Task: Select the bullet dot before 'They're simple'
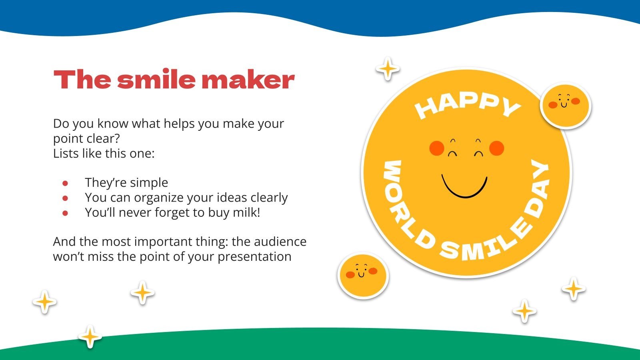(65, 183)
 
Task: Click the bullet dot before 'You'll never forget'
(65, 213)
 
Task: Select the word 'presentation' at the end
(254, 256)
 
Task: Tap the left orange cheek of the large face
(437, 148)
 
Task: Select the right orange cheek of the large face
(496, 148)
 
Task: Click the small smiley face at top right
(565, 106)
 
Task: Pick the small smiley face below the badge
(363, 276)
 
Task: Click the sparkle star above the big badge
(388, 69)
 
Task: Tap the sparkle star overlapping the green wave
(90, 336)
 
